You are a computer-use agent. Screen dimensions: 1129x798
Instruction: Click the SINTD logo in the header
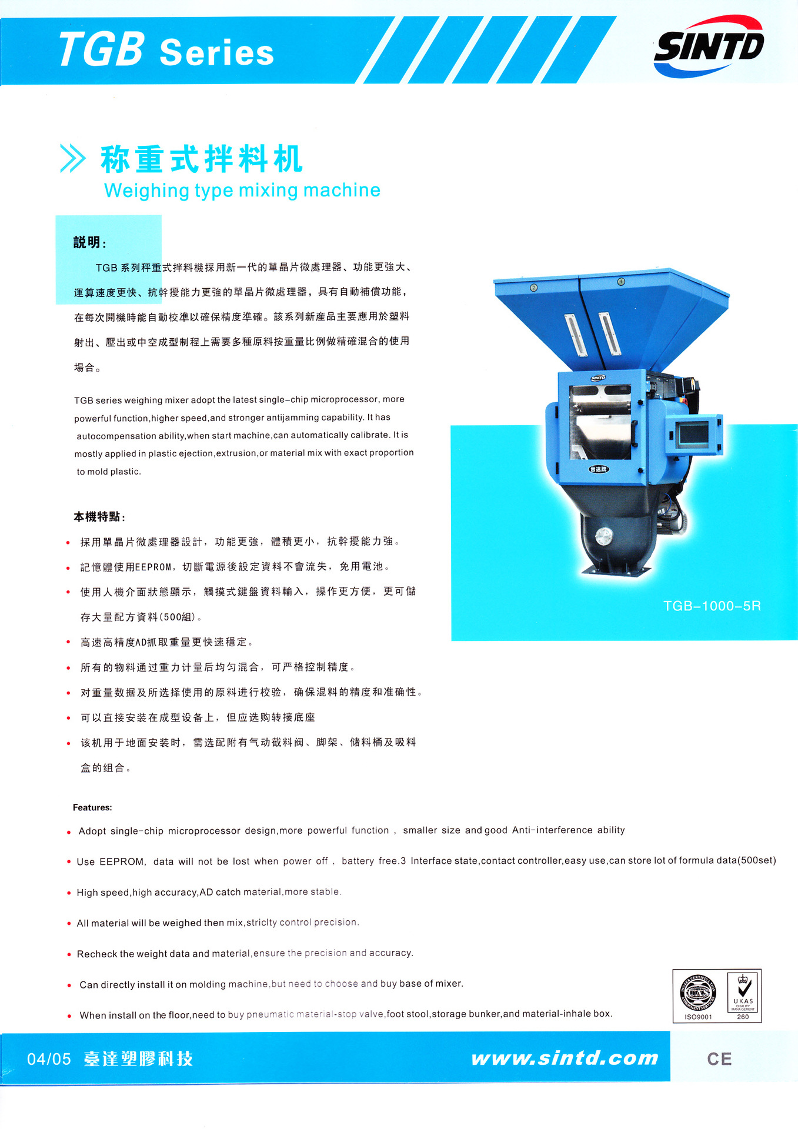(x=709, y=46)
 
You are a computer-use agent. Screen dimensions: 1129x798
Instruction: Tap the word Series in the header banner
(x=216, y=53)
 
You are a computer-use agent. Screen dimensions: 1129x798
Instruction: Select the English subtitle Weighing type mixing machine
(x=242, y=191)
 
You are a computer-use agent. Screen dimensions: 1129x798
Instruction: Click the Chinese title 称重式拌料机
(x=201, y=159)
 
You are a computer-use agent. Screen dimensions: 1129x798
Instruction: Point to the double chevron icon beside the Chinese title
(x=73, y=158)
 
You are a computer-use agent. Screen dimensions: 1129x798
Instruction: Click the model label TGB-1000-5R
(x=712, y=606)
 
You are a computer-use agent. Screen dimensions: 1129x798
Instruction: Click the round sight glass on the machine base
(x=603, y=536)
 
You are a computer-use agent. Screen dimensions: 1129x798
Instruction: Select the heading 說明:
(x=89, y=242)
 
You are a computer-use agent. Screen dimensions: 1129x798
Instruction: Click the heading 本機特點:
(x=99, y=517)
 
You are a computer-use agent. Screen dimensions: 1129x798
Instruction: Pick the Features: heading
(x=92, y=807)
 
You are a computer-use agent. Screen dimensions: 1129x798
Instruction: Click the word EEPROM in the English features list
(x=122, y=861)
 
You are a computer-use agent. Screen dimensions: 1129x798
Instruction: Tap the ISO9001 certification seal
(x=698, y=995)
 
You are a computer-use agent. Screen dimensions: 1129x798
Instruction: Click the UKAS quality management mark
(x=743, y=995)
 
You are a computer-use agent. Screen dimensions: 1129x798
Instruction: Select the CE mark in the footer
(x=719, y=1059)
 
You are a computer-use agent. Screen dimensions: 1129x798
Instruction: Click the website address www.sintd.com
(x=565, y=1058)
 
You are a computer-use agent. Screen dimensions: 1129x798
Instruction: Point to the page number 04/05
(x=49, y=1059)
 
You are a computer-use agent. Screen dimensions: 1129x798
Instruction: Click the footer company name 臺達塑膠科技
(x=138, y=1058)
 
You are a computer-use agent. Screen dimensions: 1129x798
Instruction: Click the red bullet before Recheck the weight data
(x=69, y=954)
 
